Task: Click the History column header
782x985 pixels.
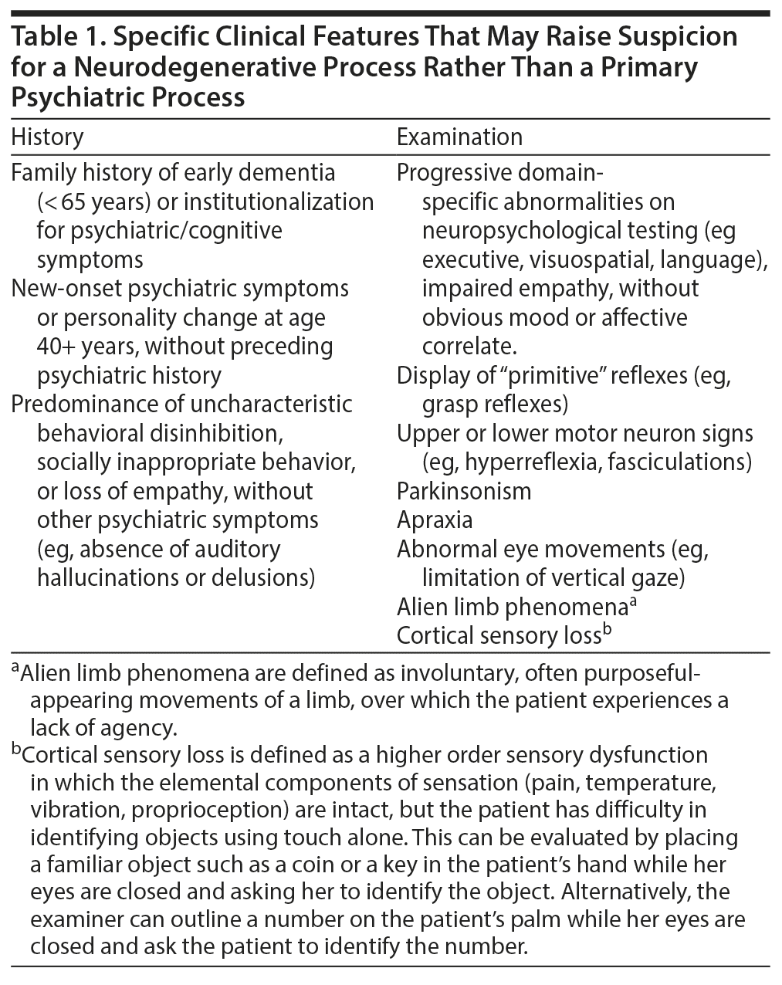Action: [47, 137]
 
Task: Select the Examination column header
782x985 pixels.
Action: [459, 137]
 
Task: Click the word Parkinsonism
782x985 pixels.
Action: [463, 491]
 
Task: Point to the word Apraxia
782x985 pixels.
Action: [434, 520]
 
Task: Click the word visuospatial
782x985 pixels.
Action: [587, 259]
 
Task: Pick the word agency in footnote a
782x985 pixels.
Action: [140, 727]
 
